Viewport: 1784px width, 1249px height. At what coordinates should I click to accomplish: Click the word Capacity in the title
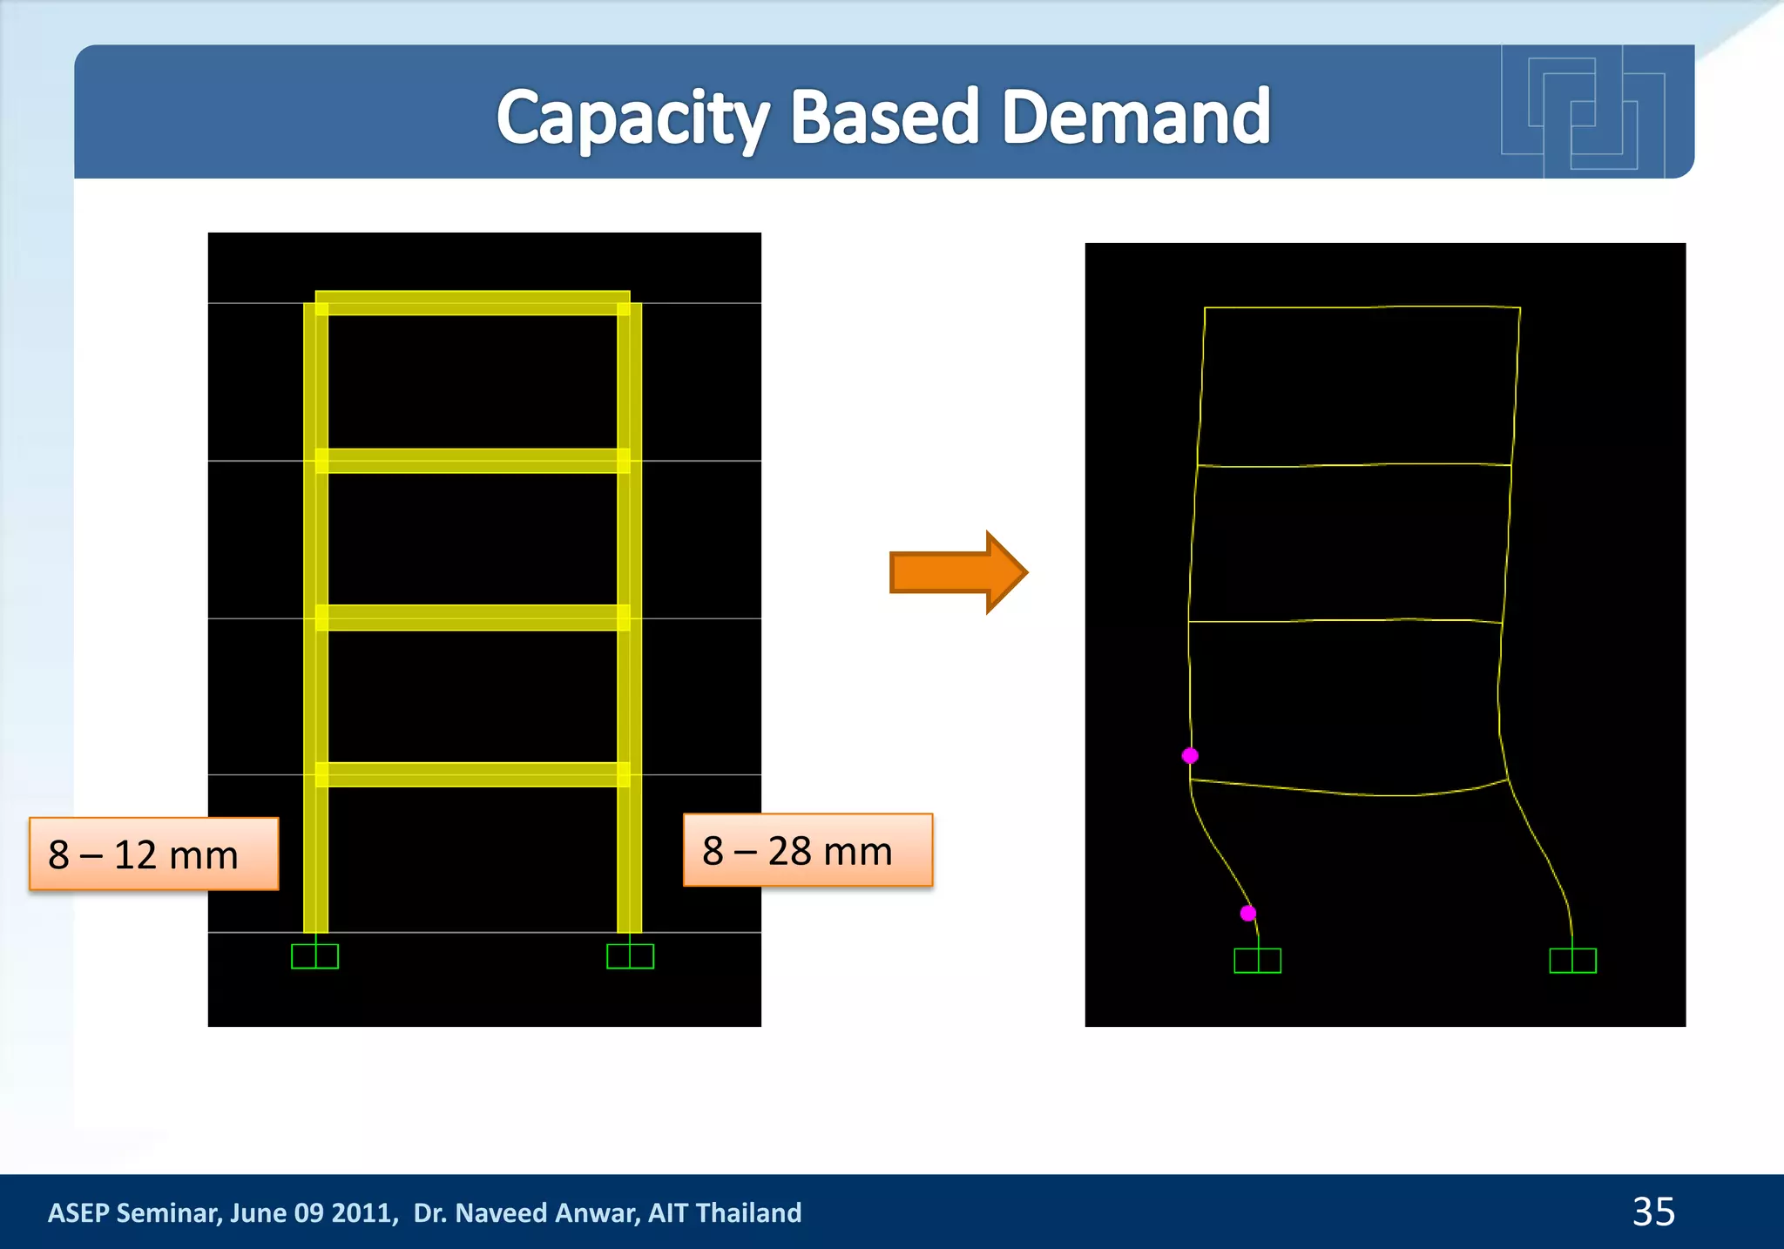click(632, 118)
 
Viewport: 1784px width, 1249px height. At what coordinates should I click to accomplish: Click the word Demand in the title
click(1136, 118)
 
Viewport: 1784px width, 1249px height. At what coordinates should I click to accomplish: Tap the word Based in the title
click(885, 118)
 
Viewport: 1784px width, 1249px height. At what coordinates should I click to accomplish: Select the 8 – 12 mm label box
click(153, 854)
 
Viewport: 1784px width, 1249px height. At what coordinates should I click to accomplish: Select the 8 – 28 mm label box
click(808, 851)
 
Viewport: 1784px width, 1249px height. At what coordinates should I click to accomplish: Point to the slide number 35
click(1652, 1212)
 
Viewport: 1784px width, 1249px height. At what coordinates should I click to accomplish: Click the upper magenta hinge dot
click(1190, 756)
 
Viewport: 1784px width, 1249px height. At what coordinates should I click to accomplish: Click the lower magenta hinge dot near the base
click(1248, 914)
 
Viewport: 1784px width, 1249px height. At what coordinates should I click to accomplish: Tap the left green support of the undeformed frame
click(314, 956)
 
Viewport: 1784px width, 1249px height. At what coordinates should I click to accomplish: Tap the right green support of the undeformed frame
click(630, 956)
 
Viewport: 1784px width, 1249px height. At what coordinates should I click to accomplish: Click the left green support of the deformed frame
click(1257, 961)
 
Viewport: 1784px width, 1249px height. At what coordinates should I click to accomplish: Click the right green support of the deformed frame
click(1572, 961)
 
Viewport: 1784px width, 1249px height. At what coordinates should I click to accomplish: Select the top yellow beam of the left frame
click(472, 303)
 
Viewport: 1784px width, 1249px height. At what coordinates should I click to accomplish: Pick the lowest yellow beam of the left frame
click(472, 774)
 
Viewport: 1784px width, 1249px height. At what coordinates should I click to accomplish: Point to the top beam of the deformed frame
click(1362, 307)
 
